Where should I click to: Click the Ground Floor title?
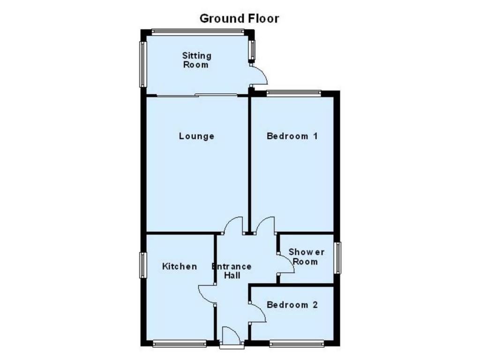(240, 19)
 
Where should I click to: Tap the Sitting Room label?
(196, 60)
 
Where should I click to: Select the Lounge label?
(196, 136)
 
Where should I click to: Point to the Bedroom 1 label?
(292, 136)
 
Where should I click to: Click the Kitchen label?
(180, 266)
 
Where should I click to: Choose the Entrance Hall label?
(232, 271)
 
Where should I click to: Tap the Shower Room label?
(307, 257)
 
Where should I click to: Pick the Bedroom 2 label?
(292, 305)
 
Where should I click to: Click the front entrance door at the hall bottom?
(232, 337)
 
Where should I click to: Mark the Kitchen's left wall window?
(142, 265)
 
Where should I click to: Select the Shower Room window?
(337, 258)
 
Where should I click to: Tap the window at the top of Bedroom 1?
(294, 93)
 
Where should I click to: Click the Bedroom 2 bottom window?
(297, 344)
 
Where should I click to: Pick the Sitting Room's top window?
(198, 32)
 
